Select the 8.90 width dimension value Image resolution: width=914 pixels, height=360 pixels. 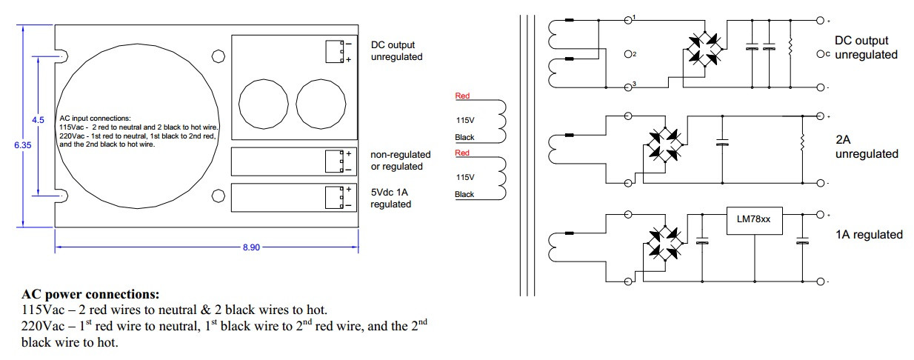[x=251, y=247]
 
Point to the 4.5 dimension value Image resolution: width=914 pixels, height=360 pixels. [x=38, y=120]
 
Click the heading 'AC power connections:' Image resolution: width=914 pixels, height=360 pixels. [x=90, y=294]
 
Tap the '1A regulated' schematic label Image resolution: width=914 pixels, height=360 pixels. [x=869, y=235]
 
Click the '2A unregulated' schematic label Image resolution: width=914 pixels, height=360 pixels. [x=867, y=147]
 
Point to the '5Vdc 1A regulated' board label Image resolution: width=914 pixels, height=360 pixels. [x=391, y=199]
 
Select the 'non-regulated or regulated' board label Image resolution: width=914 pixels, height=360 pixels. [x=401, y=160]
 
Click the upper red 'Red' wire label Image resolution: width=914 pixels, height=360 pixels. [x=462, y=96]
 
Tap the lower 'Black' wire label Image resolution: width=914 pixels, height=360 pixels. [x=464, y=195]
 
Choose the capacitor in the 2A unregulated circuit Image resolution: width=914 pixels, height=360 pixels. [x=722, y=144]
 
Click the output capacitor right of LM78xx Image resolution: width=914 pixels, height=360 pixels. [x=801, y=241]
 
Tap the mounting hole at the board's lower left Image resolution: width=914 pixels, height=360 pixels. [x=219, y=196]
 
